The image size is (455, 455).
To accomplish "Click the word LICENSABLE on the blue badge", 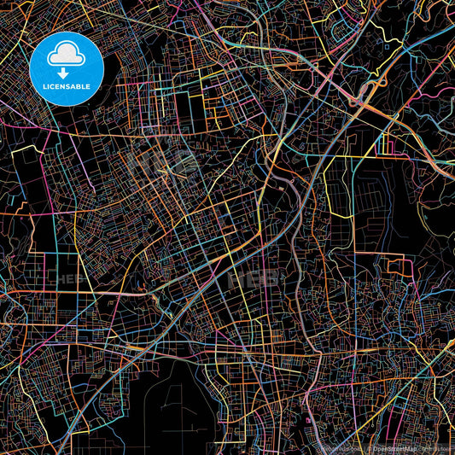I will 66,86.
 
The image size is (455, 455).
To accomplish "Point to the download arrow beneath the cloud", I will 66,67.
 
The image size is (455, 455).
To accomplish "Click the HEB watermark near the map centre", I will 253,278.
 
